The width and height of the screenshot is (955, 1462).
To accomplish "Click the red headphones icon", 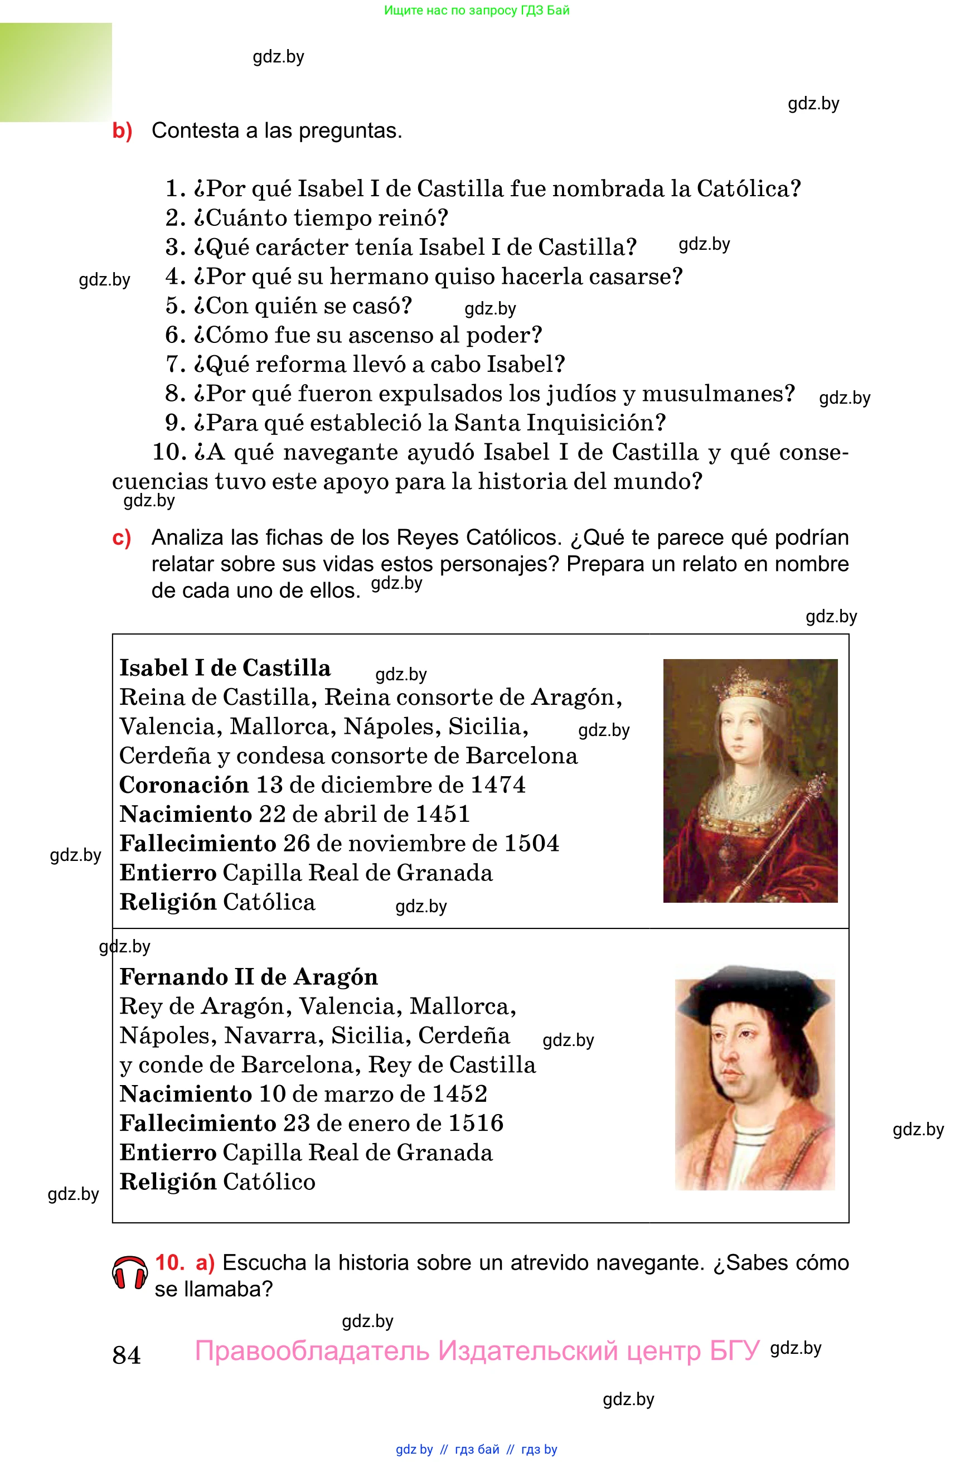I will click(x=129, y=1273).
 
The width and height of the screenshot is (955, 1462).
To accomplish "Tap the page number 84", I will click(x=127, y=1355).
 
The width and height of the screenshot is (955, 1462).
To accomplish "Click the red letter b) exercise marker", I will click(x=122, y=131).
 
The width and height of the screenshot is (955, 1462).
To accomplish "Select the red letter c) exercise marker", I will click(x=122, y=538).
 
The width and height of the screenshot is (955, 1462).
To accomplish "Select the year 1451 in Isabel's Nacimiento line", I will click(x=442, y=815).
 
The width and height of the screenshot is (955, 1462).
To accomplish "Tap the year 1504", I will click(x=531, y=844).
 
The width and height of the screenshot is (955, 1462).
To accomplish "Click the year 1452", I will click(x=459, y=1094).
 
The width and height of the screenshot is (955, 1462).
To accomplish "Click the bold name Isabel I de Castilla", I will click(x=225, y=668).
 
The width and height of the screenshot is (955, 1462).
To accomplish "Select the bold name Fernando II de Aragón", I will click(x=248, y=977).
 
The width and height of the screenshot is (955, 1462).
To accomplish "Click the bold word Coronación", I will click(x=183, y=785).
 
